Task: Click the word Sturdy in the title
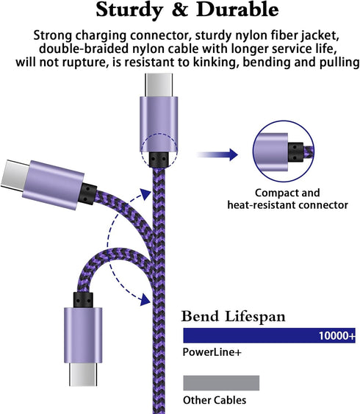129,10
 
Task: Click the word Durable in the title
237,10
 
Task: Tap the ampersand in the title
180,10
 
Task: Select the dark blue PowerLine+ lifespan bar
270,335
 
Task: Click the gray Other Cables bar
221,382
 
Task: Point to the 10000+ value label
336,335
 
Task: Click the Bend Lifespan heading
233,316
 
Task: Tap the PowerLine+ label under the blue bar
212,352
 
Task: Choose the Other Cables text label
215,400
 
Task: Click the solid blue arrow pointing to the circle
217,154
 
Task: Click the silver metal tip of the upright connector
159,85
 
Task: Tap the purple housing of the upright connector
159,124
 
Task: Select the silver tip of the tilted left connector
14,174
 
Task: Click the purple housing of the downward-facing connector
83,335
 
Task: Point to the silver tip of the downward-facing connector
83,374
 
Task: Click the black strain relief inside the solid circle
295,152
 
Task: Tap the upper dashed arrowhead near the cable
145,195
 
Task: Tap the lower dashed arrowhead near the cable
145,300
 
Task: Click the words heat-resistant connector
288,205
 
